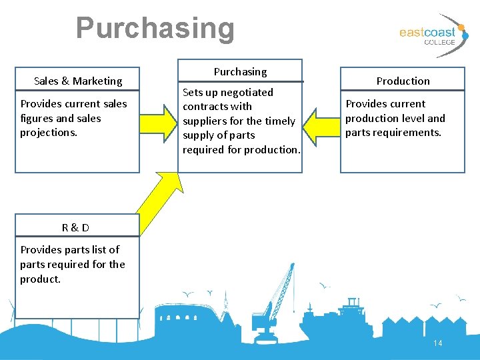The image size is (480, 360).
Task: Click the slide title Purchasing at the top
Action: coord(155,28)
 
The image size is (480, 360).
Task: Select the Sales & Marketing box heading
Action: coord(78,81)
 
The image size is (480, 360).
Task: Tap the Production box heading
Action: coord(403,81)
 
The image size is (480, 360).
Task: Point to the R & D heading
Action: coord(75,227)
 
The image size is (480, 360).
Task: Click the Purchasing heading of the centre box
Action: coord(240,71)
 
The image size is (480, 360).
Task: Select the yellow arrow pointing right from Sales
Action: coord(159,121)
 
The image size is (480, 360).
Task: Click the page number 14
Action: coord(438,343)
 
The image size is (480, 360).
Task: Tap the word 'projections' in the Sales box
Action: coord(48,133)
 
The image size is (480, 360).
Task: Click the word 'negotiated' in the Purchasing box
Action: coord(246,92)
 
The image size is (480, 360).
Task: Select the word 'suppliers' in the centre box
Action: coord(205,121)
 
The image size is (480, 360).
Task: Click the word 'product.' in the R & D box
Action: coord(40,279)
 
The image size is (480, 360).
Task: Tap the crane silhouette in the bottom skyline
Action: coord(275,300)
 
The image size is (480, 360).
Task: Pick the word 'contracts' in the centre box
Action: coord(205,107)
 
